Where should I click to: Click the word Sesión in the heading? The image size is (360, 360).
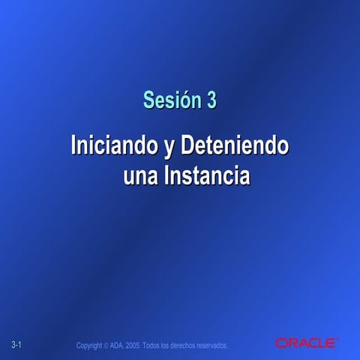[x=166, y=99]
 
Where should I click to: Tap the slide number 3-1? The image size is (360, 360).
[x=19, y=344]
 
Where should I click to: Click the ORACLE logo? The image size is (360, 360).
[x=306, y=343]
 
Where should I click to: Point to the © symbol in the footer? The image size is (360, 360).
[x=106, y=345]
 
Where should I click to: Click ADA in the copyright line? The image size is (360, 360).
[x=118, y=345]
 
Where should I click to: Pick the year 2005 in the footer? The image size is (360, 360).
[x=134, y=345]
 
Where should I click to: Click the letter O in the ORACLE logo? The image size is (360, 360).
[x=280, y=343]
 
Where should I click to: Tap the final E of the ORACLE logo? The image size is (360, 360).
[x=331, y=343]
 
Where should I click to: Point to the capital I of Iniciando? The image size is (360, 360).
[x=73, y=144]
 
